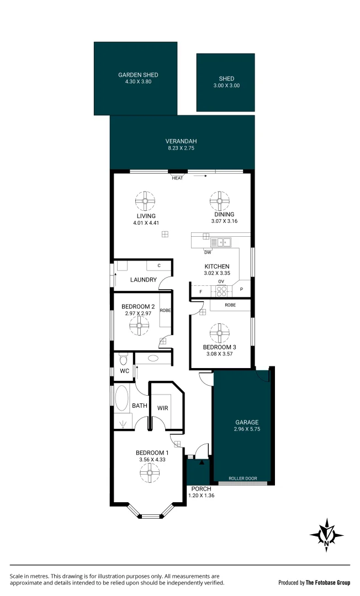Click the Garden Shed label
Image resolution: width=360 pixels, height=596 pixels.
coord(138,74)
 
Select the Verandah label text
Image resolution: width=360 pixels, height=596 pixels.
coord(182,141)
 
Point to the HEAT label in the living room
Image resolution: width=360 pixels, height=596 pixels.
coord(177,178)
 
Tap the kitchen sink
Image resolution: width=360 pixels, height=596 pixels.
coord(224,241)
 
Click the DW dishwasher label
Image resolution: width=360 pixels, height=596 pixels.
coord(208,252)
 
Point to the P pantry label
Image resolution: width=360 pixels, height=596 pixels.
coord(241,289)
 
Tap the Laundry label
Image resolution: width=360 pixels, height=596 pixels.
coord(143,280)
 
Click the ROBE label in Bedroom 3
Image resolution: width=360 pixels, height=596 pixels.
coord(230,305)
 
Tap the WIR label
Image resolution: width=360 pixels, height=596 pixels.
coord(162,408)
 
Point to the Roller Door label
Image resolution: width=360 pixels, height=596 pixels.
coord(242,478)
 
